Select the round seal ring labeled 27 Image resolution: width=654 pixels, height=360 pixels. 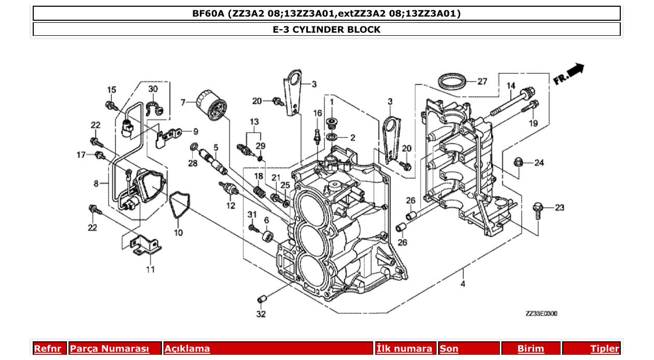pyautogui.click(x=452, y=81)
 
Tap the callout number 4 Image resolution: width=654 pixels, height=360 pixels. pyautogui.click(x=462, y=284)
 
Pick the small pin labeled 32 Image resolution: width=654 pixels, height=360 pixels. pyautogui.click(x=262, y=299)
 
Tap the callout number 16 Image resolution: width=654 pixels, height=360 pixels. pyautogui.click(x=318, y=113)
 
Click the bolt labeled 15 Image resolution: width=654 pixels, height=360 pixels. pyautogui.click(x=111, y=106)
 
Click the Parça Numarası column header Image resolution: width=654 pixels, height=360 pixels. pyautogui.click(x=109, y=349)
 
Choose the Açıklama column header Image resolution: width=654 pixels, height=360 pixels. pyautogui.click(x=187, y=349)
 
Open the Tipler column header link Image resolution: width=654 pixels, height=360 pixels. pyautogui.click(x=604, y=349)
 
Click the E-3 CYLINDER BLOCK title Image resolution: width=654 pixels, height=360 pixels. pyautogui.click(x=326, y=30)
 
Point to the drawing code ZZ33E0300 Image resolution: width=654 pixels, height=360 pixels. pyautogui.click(x=542, y=314)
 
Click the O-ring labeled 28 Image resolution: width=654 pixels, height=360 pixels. pyautogui.click(x=194, y=147)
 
